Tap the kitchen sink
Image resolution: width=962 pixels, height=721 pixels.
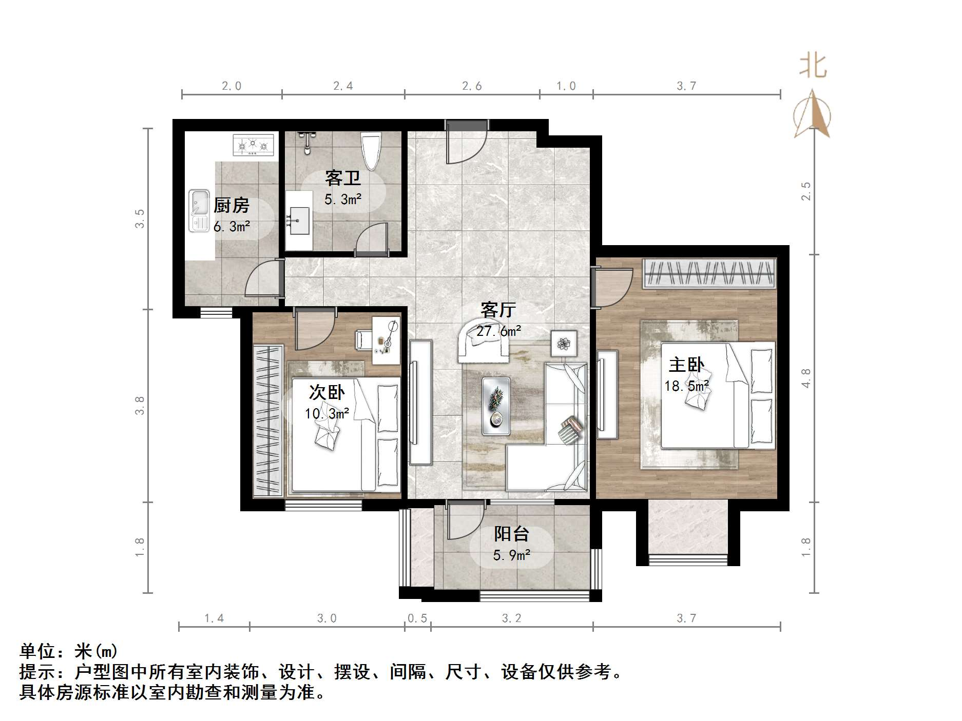tap(199, 211)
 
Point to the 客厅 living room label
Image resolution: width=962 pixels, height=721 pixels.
tap(498, 310)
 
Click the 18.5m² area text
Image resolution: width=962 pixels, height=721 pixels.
tap(687, 386)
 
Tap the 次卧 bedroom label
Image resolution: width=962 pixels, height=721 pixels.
tap(326, 393)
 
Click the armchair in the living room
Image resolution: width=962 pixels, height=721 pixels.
tap(484, 341)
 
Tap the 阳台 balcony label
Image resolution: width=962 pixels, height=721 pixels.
tap(511, 534)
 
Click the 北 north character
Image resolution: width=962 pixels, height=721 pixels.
tap(813, 67)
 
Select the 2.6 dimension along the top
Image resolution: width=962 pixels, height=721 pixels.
tap(472, 86)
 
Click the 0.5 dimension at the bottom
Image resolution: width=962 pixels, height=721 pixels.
tap(417, 618)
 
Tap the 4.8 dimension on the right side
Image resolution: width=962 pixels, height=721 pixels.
tap(806, 378)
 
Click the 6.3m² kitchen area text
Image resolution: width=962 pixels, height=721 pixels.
tap(232, 226)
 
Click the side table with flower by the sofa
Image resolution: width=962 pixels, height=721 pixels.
tap(564, 343)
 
